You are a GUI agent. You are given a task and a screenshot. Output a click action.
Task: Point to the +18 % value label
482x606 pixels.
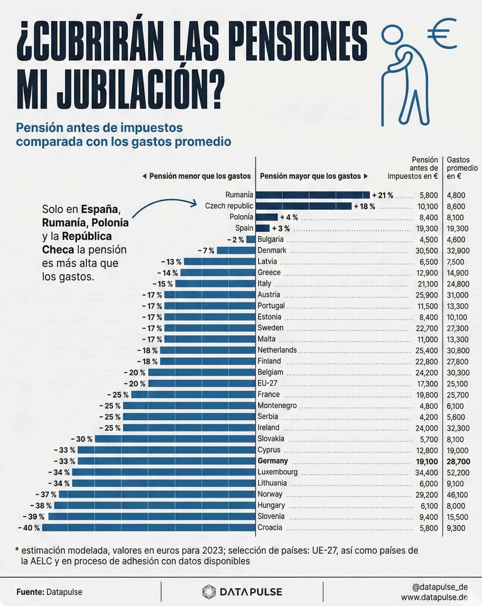pyautogui.click(x=364, y=206)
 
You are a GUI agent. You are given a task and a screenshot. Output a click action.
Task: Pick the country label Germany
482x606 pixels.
pyautogui.click(x=273, y=461)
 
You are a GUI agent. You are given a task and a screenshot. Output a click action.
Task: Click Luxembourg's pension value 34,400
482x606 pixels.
pyautogui.click(x=426, y=472)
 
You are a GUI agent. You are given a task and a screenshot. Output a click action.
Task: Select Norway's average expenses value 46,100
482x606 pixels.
pyautogui.click(x=457, y=494)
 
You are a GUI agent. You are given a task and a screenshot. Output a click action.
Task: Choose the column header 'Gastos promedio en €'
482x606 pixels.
pyautogui.click(x=462, y=168)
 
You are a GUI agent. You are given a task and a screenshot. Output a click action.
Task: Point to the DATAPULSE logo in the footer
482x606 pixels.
pyautogui.click(x=242, y=591)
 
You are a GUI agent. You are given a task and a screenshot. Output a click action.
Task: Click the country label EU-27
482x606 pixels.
pyautogui.click(x=267, y=383)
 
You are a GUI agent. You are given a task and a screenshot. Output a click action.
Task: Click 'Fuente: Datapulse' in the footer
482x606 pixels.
pyautogui.click(x=44, y=591)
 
